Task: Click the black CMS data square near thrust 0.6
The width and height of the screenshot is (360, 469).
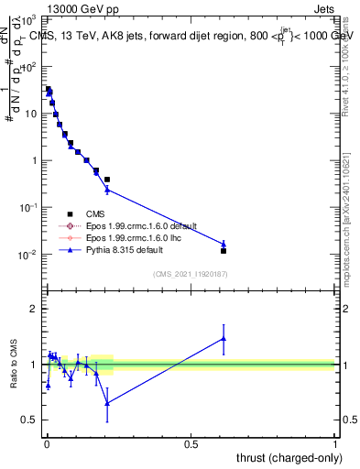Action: click(x=224, y=250)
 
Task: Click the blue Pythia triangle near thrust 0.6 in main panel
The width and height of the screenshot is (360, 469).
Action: click(x=224, y=244)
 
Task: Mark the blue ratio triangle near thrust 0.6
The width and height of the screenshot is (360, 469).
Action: click(x=224, y=339)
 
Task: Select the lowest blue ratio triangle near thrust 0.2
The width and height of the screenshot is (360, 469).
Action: click(x=107, y=402)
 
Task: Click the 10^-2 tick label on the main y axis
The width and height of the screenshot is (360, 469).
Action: click(x=28, y=255)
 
